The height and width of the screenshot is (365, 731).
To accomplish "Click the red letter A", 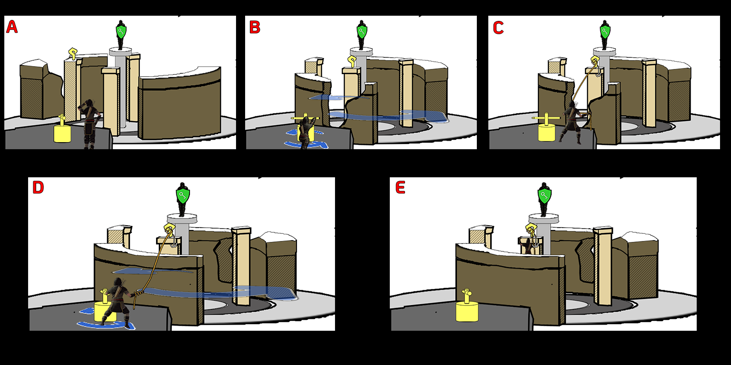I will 11,27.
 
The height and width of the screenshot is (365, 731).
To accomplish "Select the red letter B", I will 255,28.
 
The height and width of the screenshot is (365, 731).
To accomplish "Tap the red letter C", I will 498,28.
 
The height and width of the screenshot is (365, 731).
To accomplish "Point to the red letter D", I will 38,188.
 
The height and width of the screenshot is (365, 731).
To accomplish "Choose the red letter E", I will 400,188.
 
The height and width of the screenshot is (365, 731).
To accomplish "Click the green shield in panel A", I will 122,32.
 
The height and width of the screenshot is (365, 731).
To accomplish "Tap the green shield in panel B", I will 362,32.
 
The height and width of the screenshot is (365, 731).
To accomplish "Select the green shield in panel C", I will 604,32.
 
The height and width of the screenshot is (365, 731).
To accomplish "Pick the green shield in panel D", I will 183,195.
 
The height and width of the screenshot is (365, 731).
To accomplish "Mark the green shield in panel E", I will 544,195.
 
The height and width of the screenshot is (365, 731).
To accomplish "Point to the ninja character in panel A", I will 89,124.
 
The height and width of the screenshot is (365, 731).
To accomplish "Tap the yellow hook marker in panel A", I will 72,53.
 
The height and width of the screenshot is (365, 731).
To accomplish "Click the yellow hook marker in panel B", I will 352,60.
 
